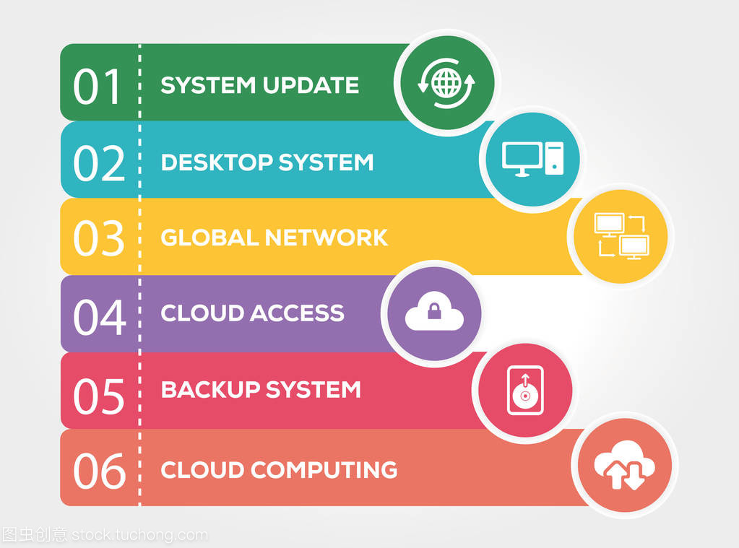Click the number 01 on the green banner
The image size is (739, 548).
(x=97, y=86)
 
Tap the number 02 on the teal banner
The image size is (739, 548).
(x=99, y=162)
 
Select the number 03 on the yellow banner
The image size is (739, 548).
(x=99, y=238)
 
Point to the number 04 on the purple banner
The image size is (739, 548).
(x=100, y=317)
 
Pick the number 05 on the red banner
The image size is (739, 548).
(x=99, y=396)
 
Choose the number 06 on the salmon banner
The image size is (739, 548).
(x=100, y=470)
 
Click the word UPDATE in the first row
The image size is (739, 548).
(x=311, y=85)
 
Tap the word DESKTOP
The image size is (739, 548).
(x=217, y=162)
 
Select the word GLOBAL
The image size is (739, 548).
(x=209, y=238)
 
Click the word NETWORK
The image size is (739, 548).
(x=326, y=238)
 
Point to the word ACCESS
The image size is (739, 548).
(x=298, y=313)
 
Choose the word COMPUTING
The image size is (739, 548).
(x=324, y=470)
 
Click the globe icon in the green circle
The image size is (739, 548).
(x=446, y=83)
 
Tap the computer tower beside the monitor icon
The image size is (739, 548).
(x=554, y=159)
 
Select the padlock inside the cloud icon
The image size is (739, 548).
(x=434, y=311)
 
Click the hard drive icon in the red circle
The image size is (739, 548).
(x=525, y=390)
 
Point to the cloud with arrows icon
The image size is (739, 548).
(x=624, y=464)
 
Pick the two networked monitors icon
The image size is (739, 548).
(x=622, y=236)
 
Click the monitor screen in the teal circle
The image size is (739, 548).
(x=522, y=156)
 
